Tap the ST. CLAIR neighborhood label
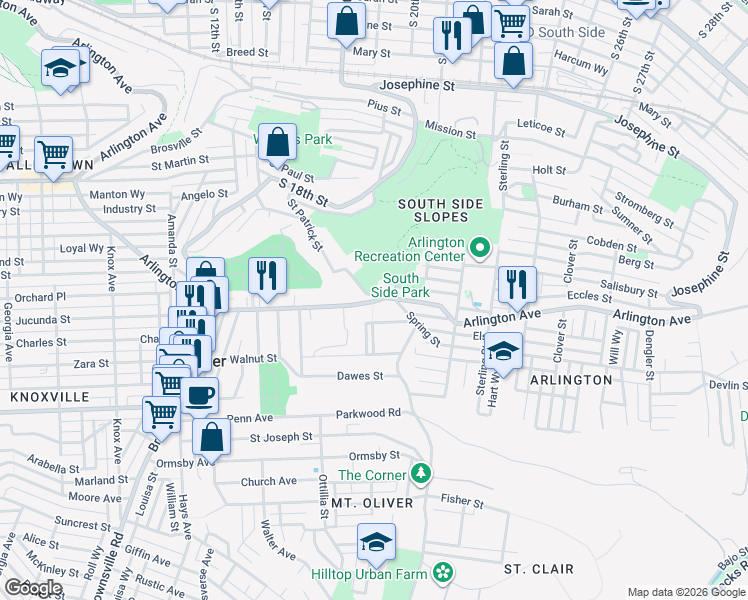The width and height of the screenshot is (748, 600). click(538, 569)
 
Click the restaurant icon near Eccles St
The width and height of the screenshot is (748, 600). click(517, 283)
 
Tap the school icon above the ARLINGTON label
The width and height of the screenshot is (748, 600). click(503, 350)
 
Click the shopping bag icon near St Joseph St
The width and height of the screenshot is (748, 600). click(212, 436)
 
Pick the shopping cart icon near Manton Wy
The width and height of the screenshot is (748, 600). click(52, 154)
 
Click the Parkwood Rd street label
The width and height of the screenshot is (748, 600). click(368, 412)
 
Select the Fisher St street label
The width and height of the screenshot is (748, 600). click(462, 501)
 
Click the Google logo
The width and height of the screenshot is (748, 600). click(33, 588)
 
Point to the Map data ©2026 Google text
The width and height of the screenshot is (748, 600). click(685, 592)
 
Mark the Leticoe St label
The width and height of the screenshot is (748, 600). click(541, 131)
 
